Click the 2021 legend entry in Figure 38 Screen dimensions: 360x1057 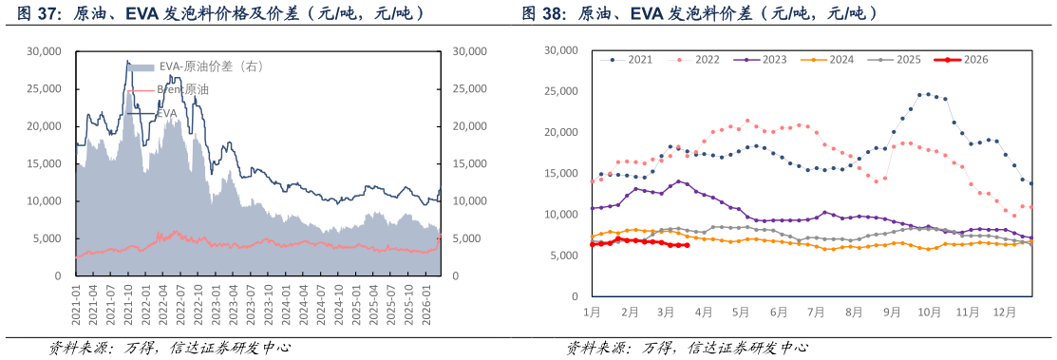639,59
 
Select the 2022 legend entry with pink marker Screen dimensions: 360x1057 707,59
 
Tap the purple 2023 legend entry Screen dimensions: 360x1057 773,59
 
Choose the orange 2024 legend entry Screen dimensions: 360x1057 840,59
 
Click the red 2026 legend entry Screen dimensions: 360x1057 975,59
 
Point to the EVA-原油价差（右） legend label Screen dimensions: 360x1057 210,66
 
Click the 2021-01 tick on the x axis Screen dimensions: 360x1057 77,305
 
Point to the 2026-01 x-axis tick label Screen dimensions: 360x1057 427,305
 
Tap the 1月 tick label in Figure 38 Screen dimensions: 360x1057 591,312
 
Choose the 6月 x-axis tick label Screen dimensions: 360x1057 779,312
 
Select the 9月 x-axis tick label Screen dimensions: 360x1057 891,312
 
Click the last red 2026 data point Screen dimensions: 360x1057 686,245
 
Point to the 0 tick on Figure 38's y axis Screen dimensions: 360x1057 573,296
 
